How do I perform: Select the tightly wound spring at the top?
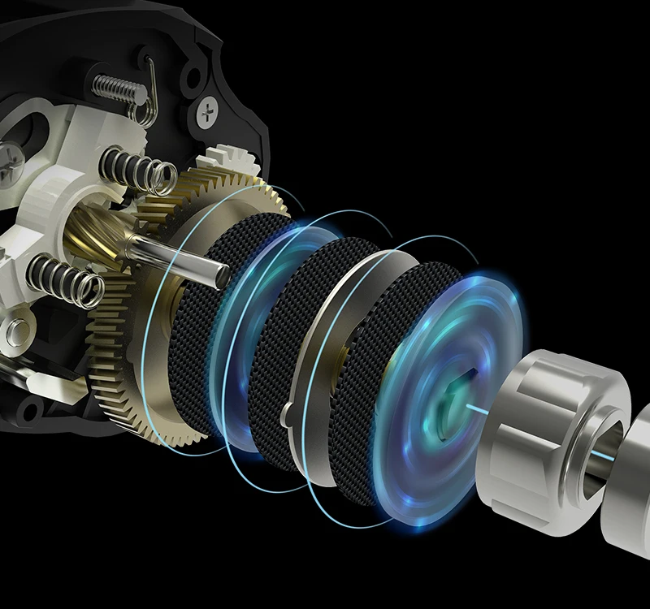pos(114,84)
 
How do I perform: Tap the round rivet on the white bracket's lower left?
pos(17,329)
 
